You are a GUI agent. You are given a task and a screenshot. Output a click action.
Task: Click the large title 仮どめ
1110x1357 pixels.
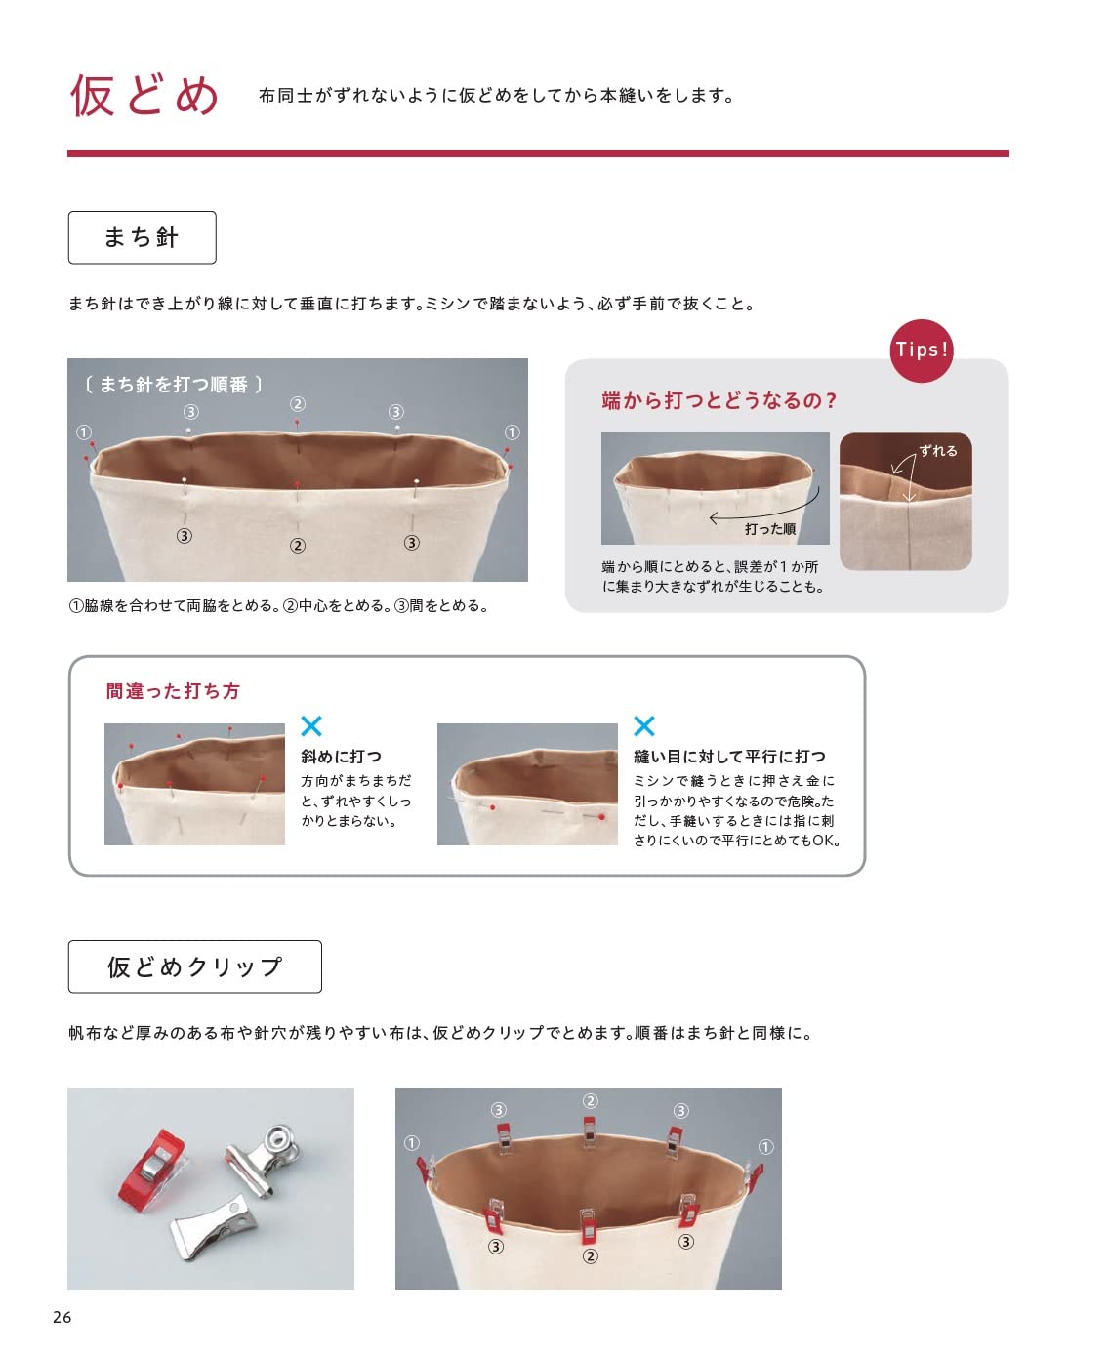[x=144, y=96]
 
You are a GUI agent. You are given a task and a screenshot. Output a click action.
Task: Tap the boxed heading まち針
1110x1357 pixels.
[x=142, y=237]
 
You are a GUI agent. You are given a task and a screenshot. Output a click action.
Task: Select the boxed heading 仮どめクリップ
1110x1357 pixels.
[x=194, y=966]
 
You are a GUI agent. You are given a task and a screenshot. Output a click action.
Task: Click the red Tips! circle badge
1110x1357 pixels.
[x=922, y=350]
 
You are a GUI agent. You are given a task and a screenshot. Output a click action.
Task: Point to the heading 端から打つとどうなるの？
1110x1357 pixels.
[x=719, y=400]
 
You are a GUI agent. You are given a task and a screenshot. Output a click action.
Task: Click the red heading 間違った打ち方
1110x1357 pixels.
[x=173, y=691]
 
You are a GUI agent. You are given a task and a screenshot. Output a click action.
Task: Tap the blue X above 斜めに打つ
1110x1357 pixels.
[x=311, y=725]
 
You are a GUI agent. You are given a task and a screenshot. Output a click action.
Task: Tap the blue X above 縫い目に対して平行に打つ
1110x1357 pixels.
[x=644, y=725]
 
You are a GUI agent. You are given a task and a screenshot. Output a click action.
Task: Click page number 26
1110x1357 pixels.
[x=62, y=1317]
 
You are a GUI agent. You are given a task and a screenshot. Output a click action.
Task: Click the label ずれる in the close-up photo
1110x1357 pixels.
[x=937, y=451]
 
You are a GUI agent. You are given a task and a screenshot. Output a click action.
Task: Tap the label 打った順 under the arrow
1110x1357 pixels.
[x=769, y=529]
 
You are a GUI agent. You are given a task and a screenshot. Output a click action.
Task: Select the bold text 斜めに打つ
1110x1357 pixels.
[x=341, y=757]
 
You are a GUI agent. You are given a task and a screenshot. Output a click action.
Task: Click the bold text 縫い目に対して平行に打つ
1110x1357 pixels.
[x=729, y=757]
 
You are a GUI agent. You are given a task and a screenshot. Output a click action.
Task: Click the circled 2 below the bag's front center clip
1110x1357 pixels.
[x=590, y=1256]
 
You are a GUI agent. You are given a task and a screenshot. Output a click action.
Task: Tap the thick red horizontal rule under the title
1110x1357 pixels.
[x=537, y=153]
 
